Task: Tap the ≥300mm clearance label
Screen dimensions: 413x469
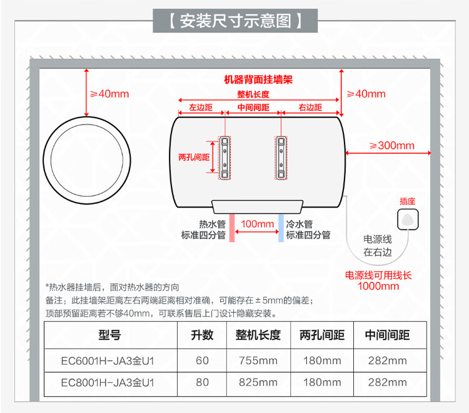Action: pos(392,145)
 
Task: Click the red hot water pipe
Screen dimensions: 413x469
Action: pos(231,228)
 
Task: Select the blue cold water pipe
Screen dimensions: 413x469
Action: pos(281,228)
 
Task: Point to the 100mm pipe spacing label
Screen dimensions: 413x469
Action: pos(257,224)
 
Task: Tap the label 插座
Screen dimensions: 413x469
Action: pos(408,201)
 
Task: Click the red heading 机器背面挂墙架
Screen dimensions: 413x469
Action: pos(258,80)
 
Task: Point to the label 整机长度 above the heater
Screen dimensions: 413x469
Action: pos(253,94)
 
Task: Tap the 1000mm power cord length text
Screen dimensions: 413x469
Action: pos(378,287)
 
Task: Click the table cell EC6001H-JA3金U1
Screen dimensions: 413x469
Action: pos(107,361)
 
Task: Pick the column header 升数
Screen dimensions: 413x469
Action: pos(202,335)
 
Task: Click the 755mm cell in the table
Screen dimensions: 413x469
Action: pos(258,361)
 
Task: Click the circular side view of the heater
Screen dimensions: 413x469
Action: pos(87,156)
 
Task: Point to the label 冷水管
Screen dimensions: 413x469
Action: pos(299,224)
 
